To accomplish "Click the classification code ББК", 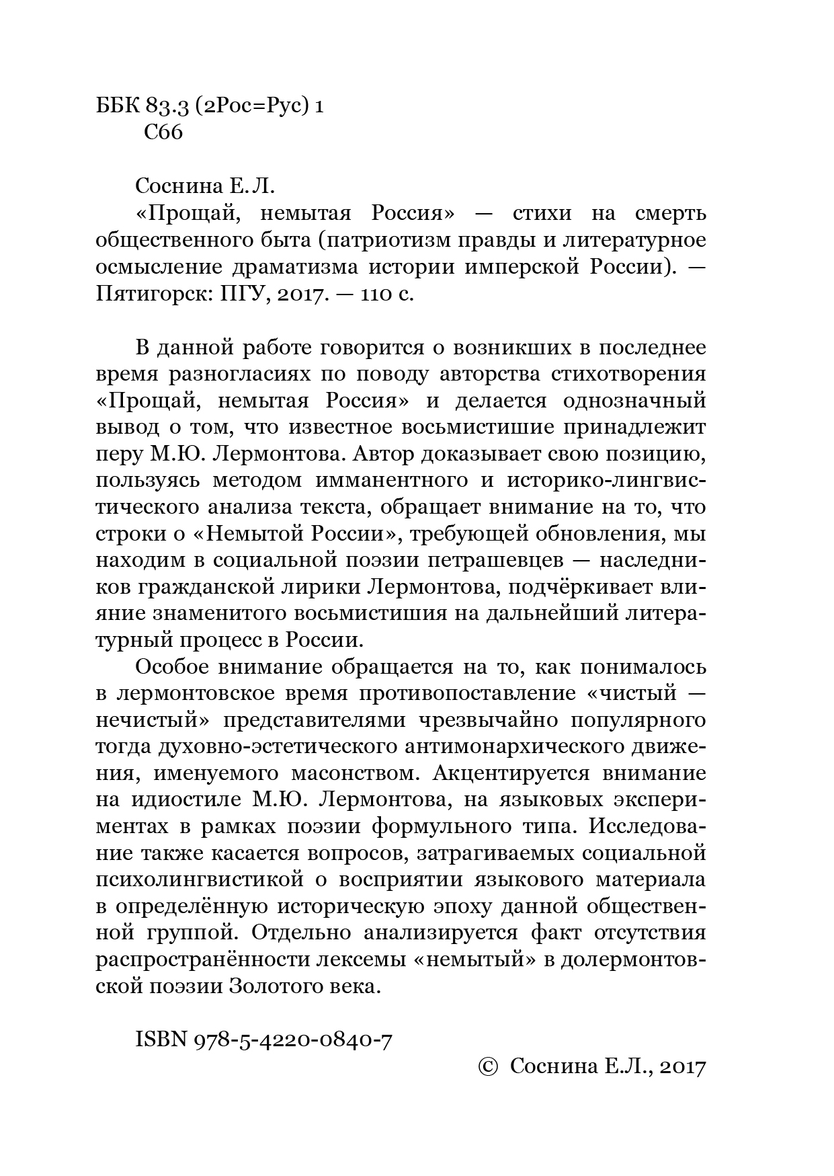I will pos(118,106).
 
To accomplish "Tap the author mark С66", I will pos(163,132).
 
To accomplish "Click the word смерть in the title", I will pos(670,213).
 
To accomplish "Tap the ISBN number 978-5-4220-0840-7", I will pos(293,1040).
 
